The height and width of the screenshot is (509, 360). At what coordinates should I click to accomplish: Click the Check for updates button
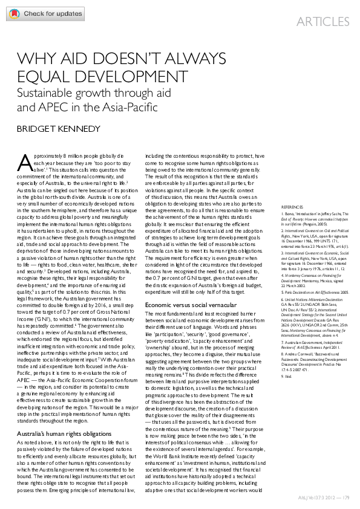(42, 13)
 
